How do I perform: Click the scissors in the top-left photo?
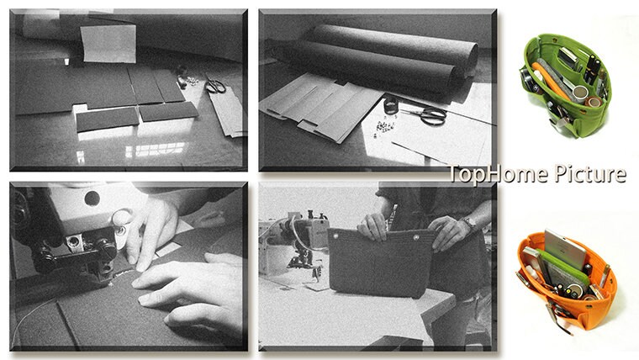(214, 86)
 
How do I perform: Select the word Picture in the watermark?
(590, 174)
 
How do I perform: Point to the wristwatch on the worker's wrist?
(469, 222)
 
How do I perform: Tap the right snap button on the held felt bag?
(415, 237)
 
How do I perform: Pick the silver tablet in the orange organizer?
(565, 249)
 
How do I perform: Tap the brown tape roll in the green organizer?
(594, 102)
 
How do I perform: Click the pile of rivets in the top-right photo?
(384, 126)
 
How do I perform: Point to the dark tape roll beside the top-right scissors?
(391, 106)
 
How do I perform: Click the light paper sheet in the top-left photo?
(108, 44)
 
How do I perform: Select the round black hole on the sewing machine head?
(92, 199)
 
